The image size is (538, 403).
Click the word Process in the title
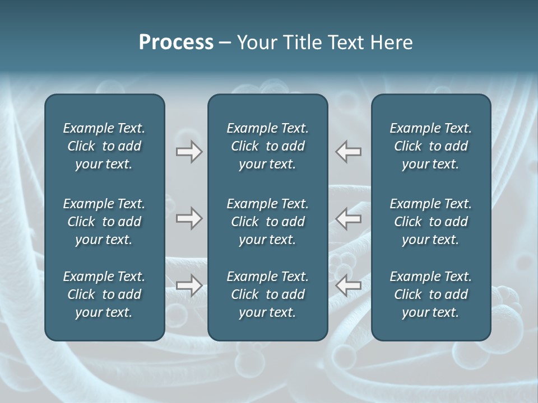[x=176, y=43]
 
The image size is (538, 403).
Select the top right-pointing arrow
[x=189, y=152]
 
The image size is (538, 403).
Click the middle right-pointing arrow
[x=189, y=218]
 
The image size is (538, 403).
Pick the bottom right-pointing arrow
[x=189, y=285]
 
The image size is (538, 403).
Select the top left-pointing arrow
[x=349, y=152]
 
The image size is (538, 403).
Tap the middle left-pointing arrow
[x=349, y=218]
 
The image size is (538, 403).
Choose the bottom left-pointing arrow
[x=349, y=285]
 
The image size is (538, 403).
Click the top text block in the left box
[x=104, y=146]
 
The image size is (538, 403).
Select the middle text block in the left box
[x=104, y=222]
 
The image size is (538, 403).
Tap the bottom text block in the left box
[x=104, y=294]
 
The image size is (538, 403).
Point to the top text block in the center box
[x=267, y=146]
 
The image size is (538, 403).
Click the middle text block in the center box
[x=267, y=222]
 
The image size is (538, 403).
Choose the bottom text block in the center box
[x=267, y=294]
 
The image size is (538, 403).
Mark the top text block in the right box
[x=431, y=146]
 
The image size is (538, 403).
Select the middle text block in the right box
[x=431, y=222]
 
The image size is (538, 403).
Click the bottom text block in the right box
[x=431, y=294]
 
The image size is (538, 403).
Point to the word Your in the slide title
[x=256, y=43]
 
